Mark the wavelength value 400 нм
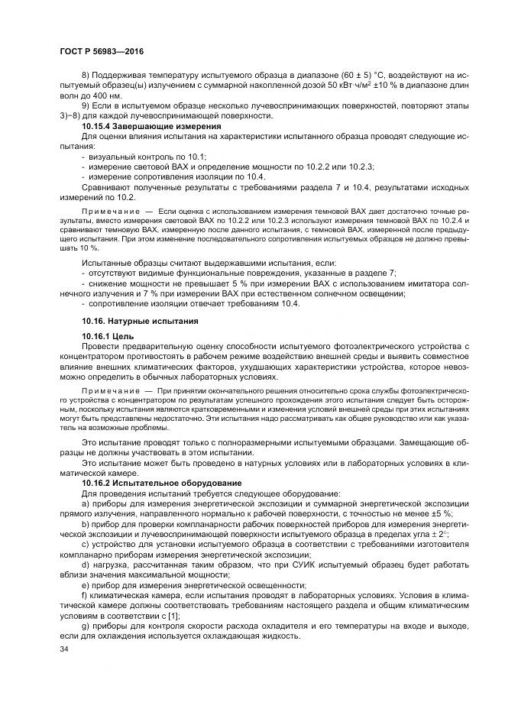[x=108, y=95]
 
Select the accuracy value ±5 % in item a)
[x=431, y=514]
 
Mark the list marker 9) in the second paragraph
[x=86, y=105]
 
